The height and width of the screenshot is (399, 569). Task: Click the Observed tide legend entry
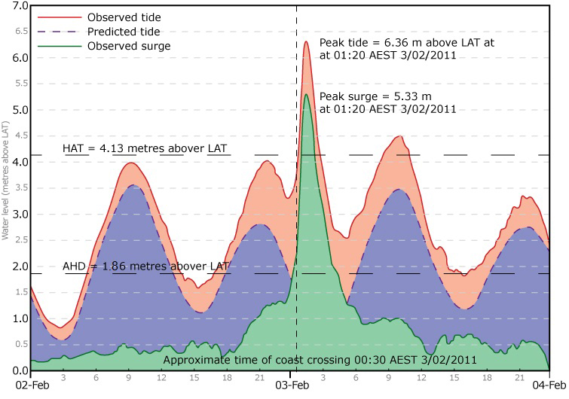click(124, 17)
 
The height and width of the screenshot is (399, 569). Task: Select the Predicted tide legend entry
click(124, 32)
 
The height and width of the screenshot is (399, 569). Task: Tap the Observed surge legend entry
click(128, 46)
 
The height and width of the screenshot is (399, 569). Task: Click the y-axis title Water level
click(5, 188)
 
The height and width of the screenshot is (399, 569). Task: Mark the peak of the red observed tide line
click(307, 41)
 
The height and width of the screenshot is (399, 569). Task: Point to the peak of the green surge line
click(307, 95)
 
